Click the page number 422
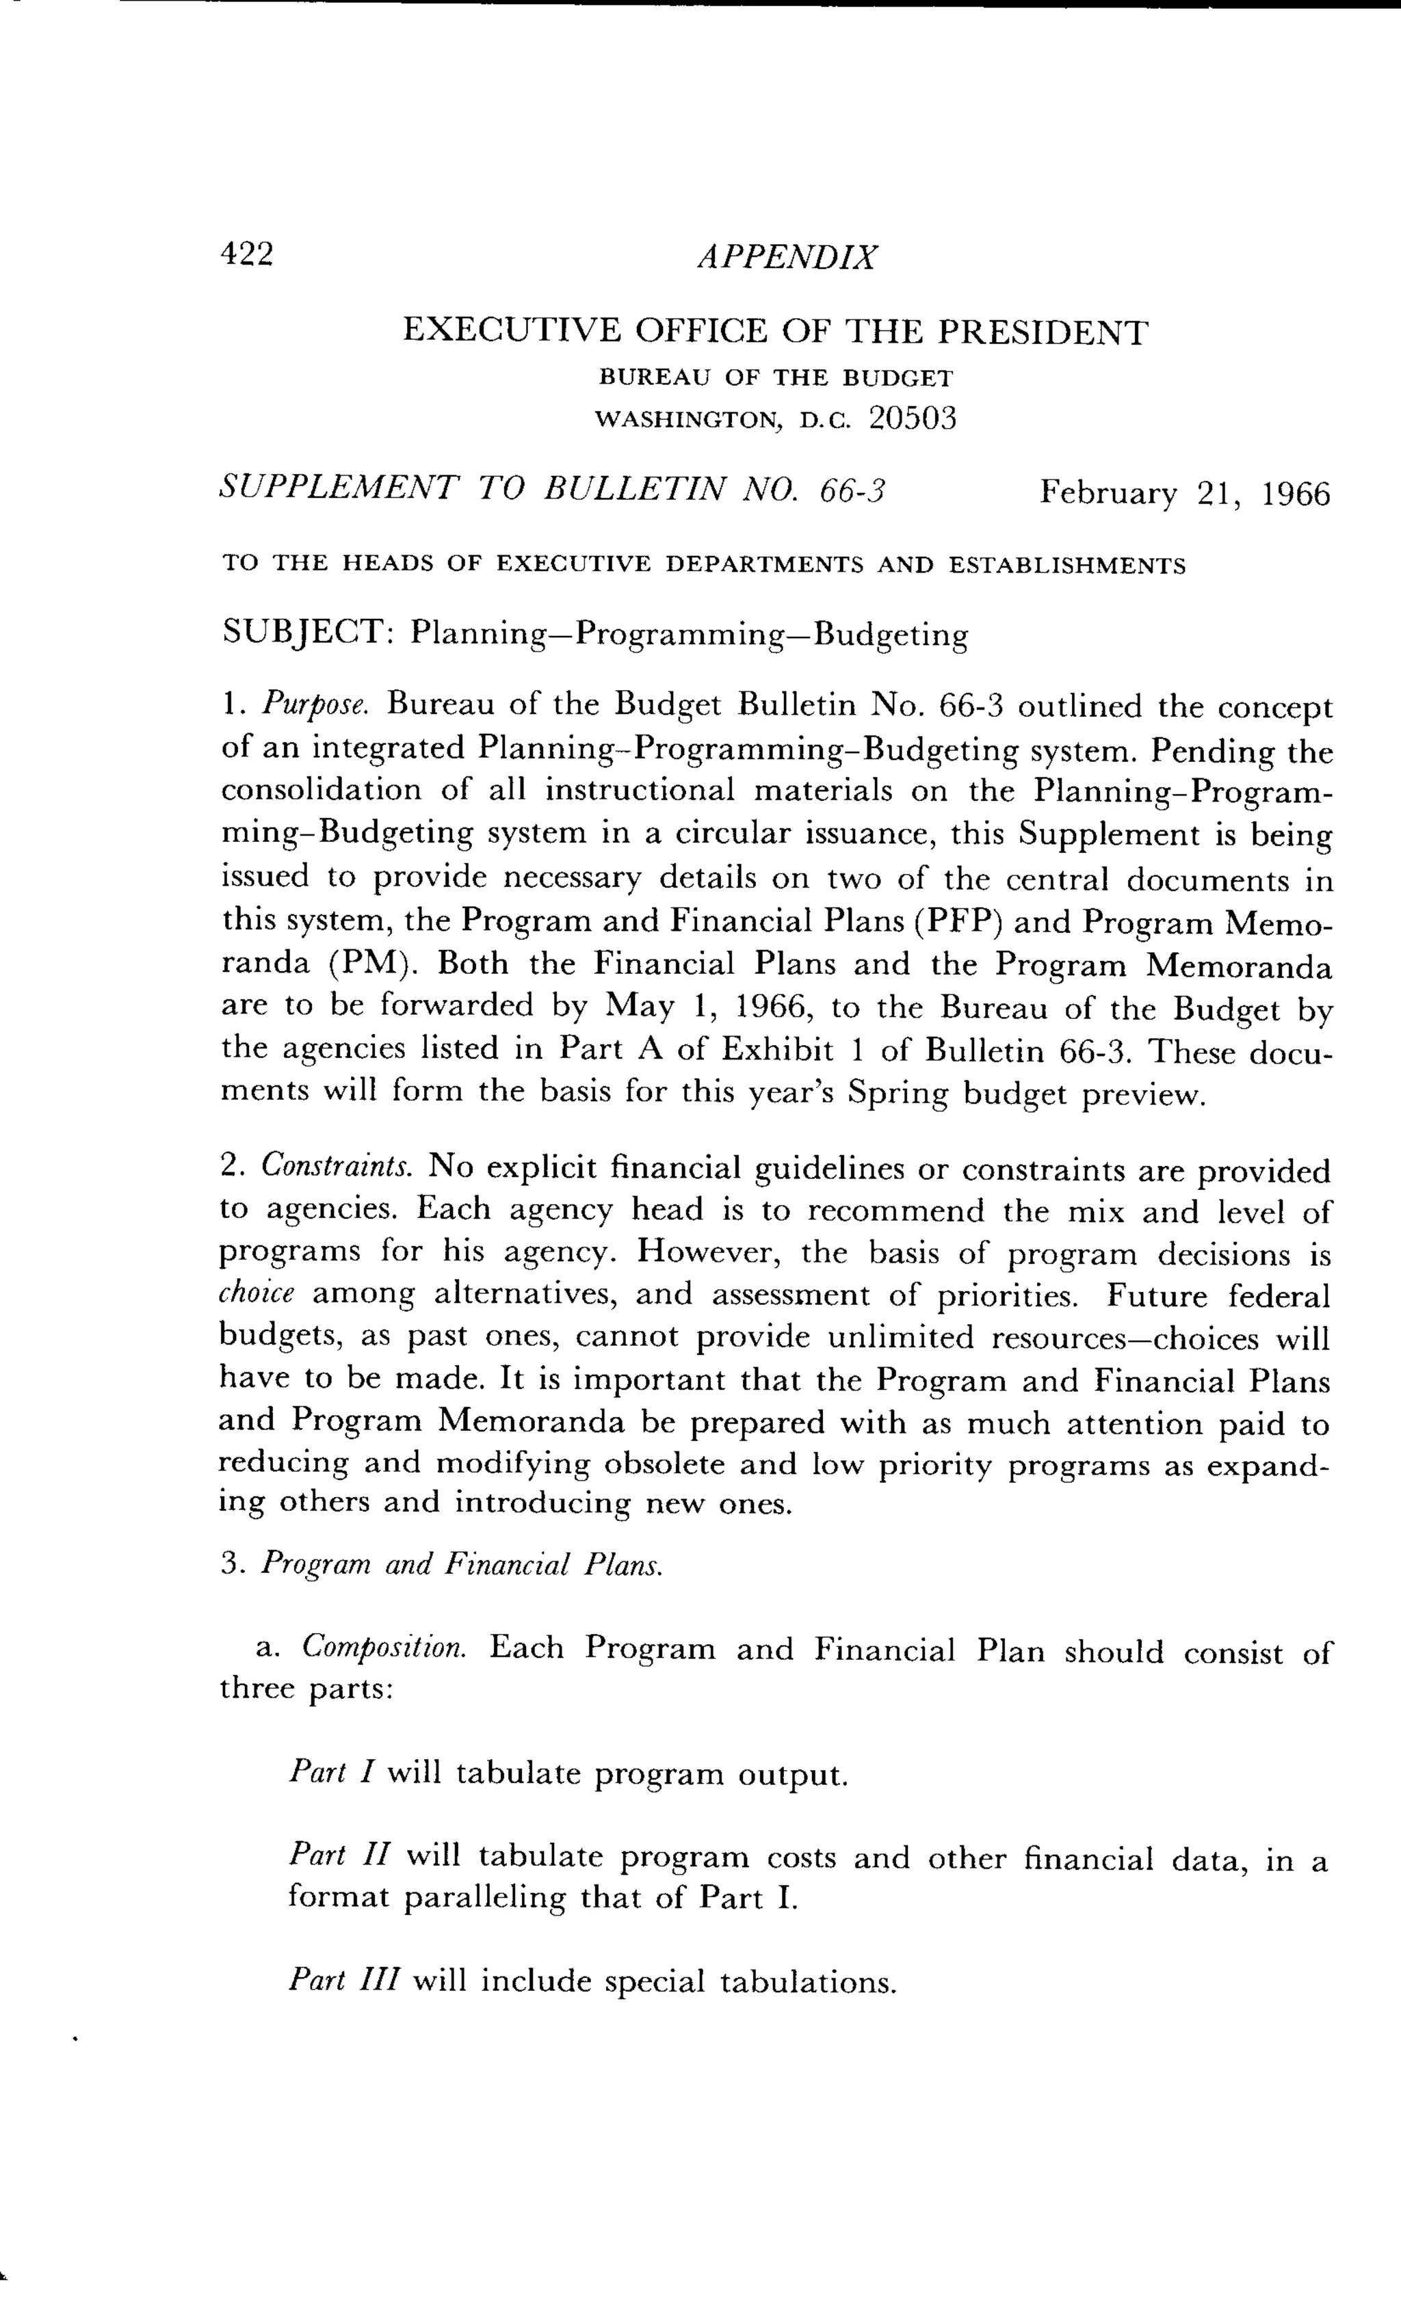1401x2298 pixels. [x=246, y=254]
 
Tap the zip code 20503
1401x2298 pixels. [x=913, y=419]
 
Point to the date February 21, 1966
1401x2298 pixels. [x=1185, y=492]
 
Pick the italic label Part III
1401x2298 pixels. [x=344, y=1980]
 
